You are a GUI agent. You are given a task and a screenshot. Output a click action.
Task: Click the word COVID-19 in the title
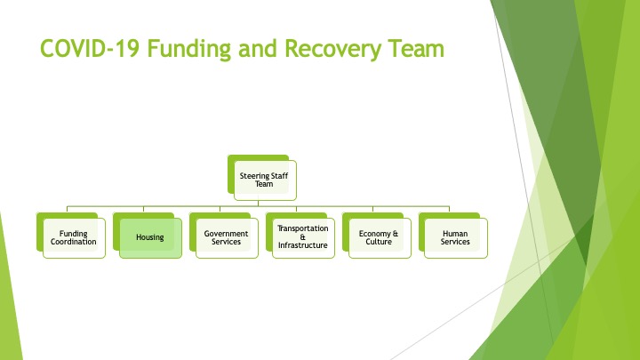pyautogui.click(x=90, y=48)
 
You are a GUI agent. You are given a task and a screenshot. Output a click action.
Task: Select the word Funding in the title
pyautogui.click(x=189, y=50)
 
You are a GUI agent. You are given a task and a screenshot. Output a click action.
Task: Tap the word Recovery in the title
pyautogui.click(x=332, y=50)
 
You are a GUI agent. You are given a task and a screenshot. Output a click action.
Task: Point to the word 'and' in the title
pyautogui.click(x=258, y=48)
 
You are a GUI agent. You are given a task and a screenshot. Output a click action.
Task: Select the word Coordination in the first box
pyautogui.click(x=74, y=242)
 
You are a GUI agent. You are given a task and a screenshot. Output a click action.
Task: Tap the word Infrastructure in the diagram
pyautogui.click(x=303, y=245)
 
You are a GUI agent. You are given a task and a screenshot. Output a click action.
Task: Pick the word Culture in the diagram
pyautogui.click(x=379, y=242)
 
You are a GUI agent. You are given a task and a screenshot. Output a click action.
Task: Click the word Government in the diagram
pyautogui.click(x=226, y=234)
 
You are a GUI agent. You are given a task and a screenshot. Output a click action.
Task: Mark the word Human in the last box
pyautogui.click(x=455, y=234)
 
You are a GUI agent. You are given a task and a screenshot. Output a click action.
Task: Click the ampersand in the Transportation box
pyautogui.click(x=302, y=236)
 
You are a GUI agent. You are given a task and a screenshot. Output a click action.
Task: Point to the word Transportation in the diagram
pyautogui.click(x=303, y=228)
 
